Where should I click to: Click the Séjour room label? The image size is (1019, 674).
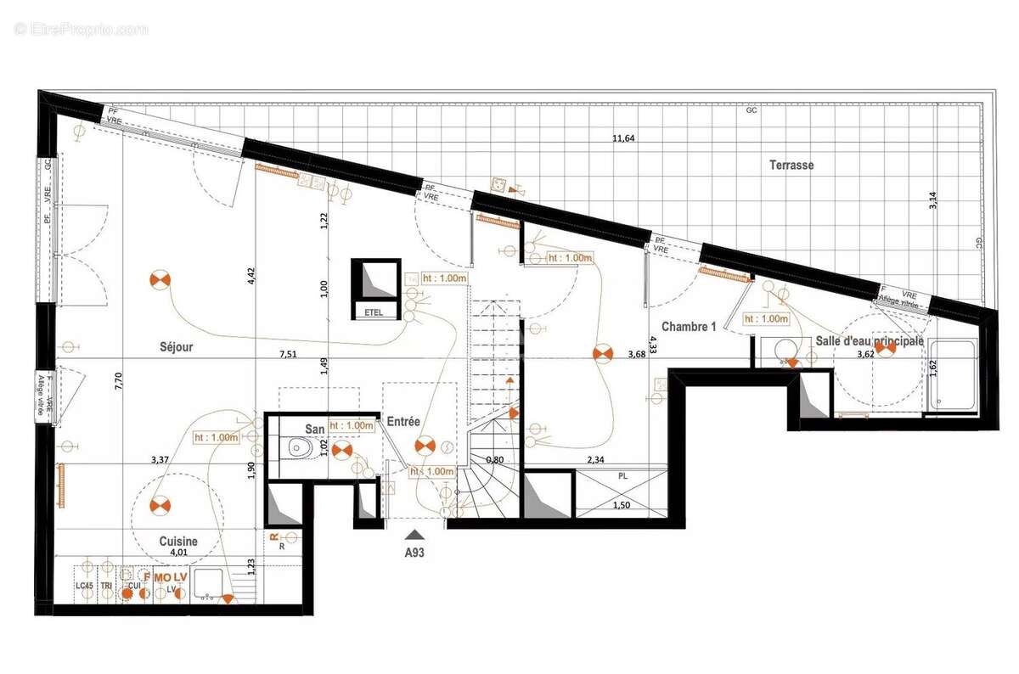(177, 346)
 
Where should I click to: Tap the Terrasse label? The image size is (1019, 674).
(791, 165)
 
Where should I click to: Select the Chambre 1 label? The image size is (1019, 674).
(689, 326)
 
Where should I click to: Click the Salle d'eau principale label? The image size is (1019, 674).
(870, 340)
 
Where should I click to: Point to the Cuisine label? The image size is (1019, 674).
(178, 541)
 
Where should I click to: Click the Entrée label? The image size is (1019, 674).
(404, 421)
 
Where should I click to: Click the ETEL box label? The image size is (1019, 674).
(374, 312)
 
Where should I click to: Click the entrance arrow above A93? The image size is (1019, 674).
(414, 534)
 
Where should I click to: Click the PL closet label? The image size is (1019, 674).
(622, 476)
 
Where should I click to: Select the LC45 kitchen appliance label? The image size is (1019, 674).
(84, 587)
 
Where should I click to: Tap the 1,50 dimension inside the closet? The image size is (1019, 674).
(622, 506)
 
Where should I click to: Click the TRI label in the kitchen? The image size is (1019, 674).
(105, 587)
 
